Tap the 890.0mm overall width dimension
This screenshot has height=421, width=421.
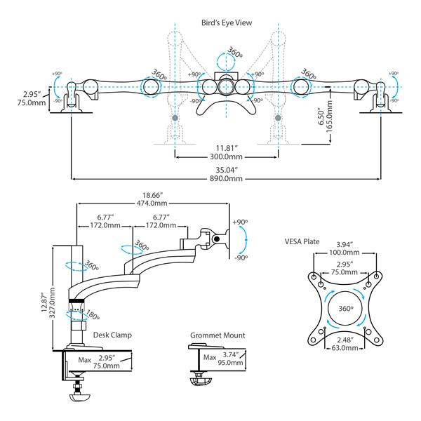225,179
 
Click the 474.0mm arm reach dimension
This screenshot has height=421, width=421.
152,204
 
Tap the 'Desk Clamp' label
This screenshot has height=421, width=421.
112,335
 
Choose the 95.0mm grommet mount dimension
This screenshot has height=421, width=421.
231,363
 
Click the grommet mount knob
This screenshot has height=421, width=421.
199,382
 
